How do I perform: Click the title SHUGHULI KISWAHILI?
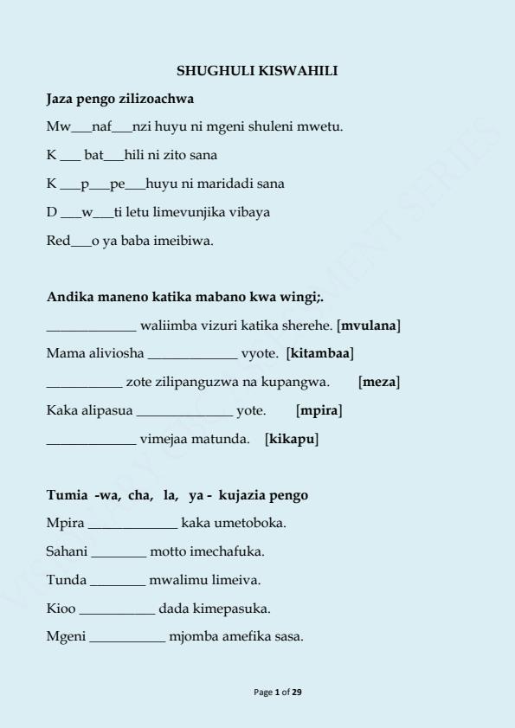coord(257,71)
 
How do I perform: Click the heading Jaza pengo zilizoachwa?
coord(119,99)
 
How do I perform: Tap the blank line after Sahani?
coord(119,552)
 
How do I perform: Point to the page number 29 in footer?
coord(297,693)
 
